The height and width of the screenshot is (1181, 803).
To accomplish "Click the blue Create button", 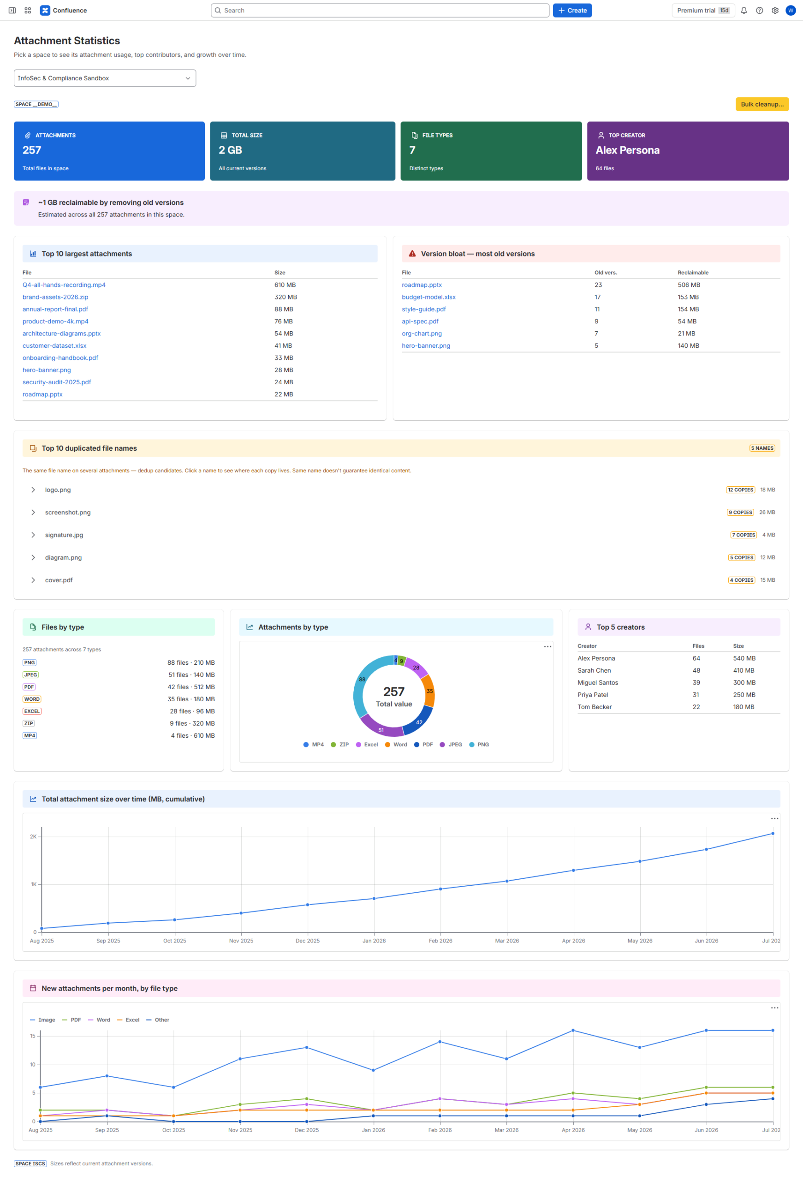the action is click(x=572, y=10).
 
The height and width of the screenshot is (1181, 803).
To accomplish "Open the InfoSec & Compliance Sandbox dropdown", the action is click(x=105, y=78).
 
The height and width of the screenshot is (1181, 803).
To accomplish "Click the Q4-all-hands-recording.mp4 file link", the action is click(x=64, y=285).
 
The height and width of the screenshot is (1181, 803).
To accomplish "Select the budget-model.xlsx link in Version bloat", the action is click(x=428, y=297).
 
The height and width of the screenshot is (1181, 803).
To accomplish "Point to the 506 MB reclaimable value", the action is click(x=689, y=285).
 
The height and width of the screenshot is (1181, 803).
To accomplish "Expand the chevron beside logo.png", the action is click(x=33, y=490).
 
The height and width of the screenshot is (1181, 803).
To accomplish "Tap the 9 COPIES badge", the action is click(x=740, y=512).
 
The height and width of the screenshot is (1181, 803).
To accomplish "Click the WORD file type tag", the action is click(x=31, y=699).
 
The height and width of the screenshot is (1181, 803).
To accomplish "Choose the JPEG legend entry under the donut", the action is click(x=451, y=745).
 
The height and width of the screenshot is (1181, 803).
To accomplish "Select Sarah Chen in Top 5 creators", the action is click(x=594, y=671).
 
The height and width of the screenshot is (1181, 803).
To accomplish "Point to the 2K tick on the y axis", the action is click(x=33, y=836).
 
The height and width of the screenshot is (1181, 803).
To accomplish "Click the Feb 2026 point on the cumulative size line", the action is click(x=440, y=889).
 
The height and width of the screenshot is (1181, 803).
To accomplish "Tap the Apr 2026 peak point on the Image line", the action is click(x=573, y=1031).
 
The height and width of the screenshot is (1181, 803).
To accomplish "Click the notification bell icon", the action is click(x=744, y=10).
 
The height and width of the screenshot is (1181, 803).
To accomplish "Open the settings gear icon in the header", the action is click(x=775, y=10).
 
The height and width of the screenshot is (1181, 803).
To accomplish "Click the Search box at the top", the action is click(x=380, y=10).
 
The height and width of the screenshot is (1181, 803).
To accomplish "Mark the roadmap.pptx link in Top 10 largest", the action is click(x=42, y=394).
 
